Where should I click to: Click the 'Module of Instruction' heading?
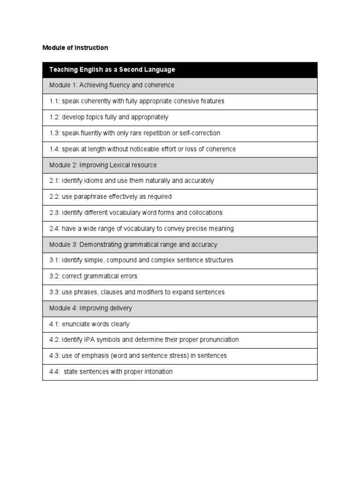[x=75, y=48]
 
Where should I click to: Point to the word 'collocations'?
[x=205, y=213]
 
